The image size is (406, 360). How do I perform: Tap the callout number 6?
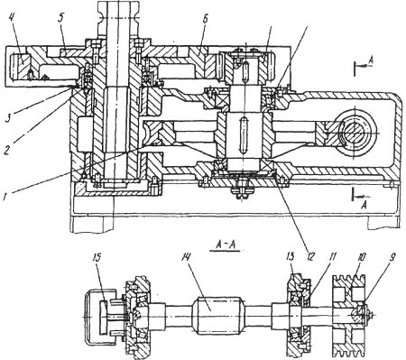pos(205,19)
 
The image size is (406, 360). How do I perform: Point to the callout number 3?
pos(10,117)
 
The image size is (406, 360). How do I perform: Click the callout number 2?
pos(7,149)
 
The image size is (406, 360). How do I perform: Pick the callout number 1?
pos(5,197)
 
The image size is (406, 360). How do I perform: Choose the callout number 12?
pos(310,256)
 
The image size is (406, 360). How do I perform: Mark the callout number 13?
pos(291,256)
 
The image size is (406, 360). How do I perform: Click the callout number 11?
pos(332,256)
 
